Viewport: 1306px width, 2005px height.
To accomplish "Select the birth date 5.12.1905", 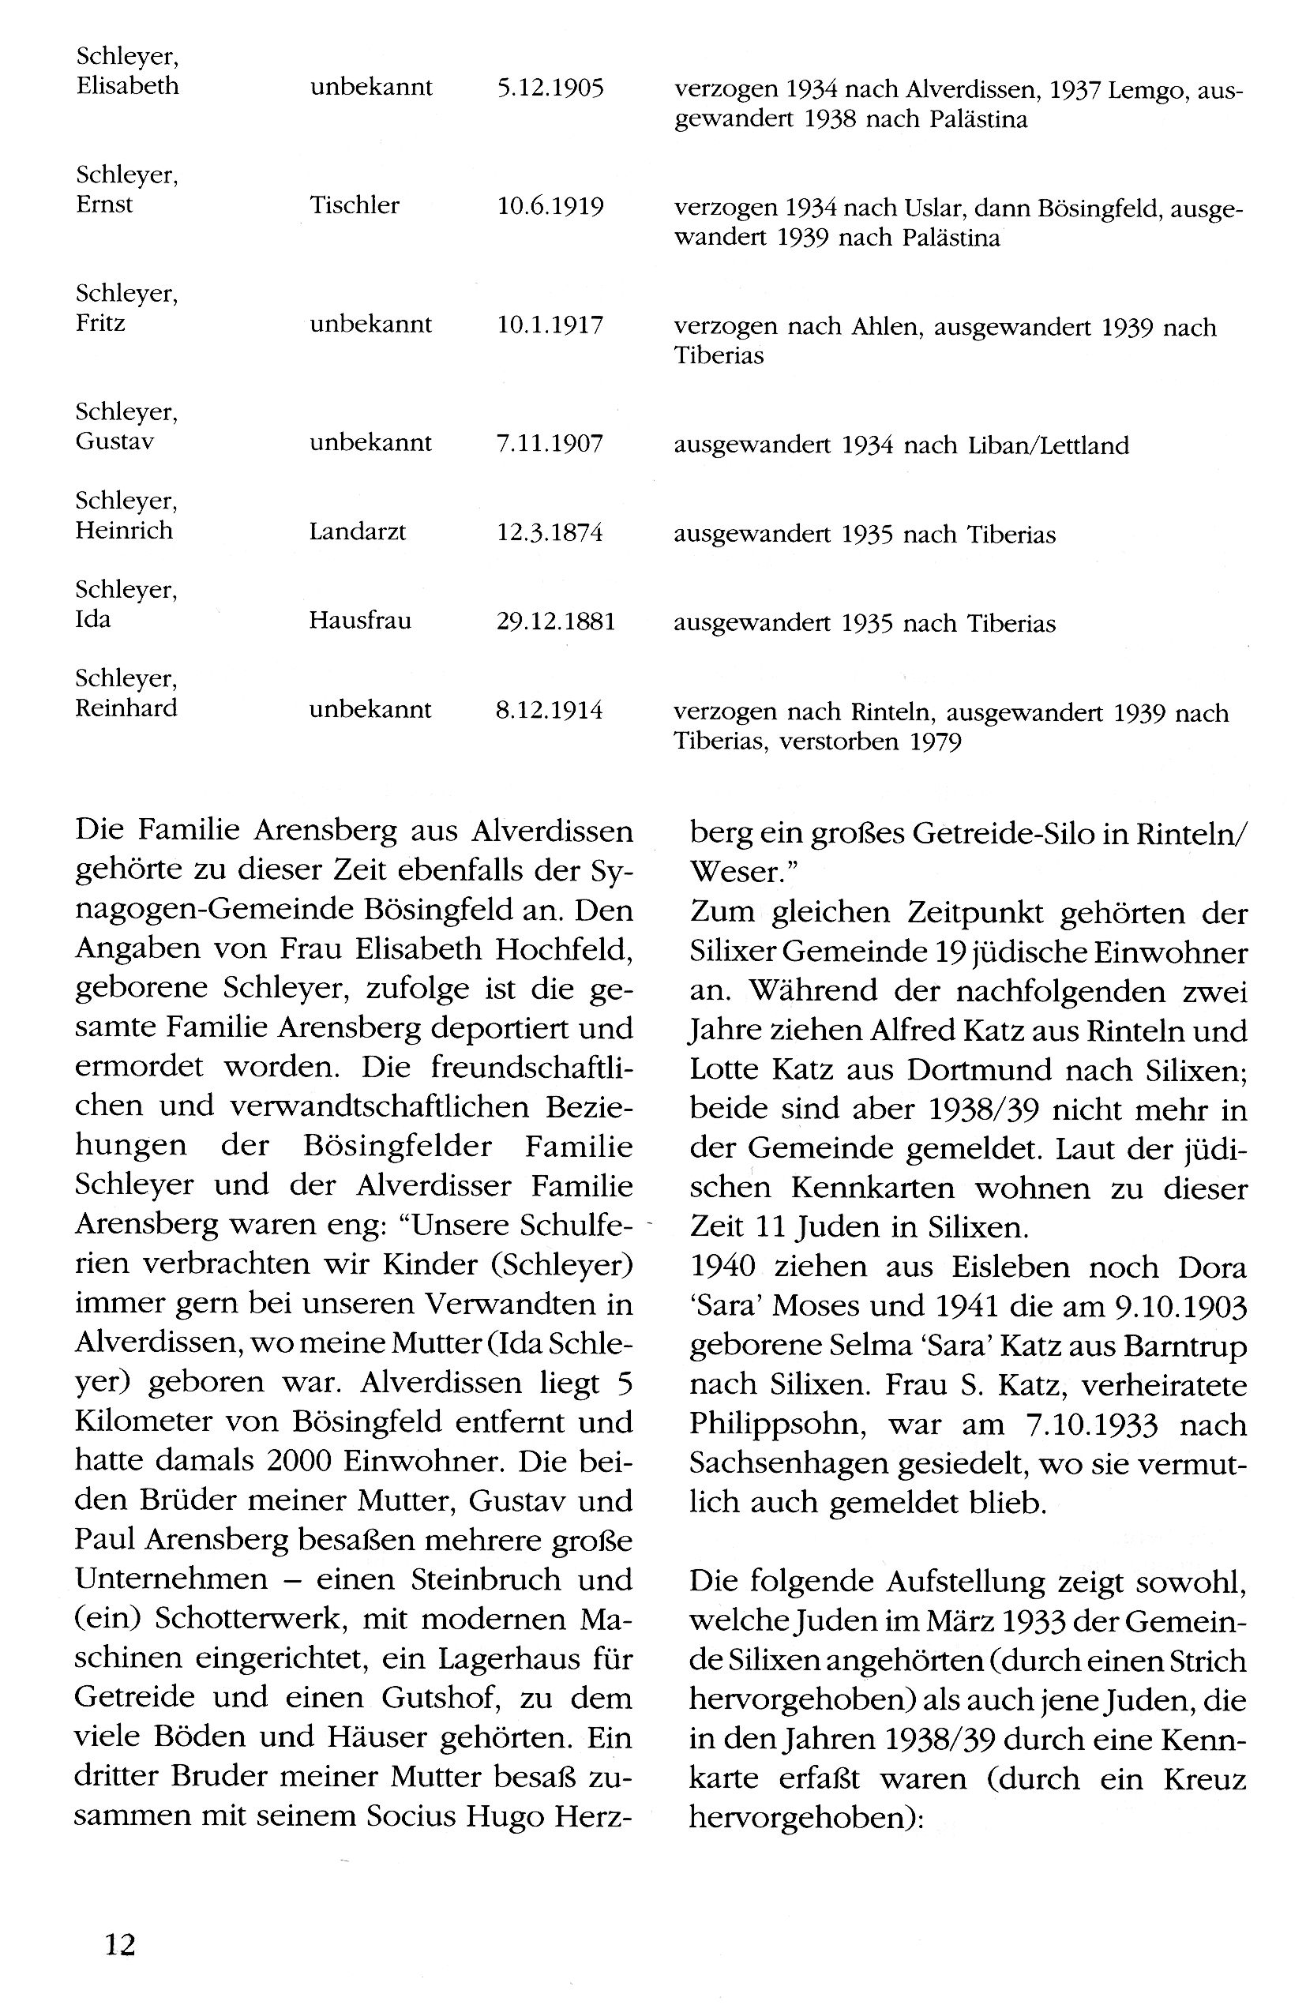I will pos(550,88).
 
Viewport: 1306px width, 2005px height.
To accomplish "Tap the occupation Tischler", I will pos(354,205).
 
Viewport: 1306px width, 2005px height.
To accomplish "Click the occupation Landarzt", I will pos(357,532).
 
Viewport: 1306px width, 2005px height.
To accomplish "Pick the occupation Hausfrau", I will pos(360,621).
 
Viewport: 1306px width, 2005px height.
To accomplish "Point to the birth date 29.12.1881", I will pos(556,621).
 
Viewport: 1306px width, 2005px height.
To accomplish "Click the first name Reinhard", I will pos(126,708).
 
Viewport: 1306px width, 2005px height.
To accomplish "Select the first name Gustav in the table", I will pos(114,441).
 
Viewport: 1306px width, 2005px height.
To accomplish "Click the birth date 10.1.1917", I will pos(550,325).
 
